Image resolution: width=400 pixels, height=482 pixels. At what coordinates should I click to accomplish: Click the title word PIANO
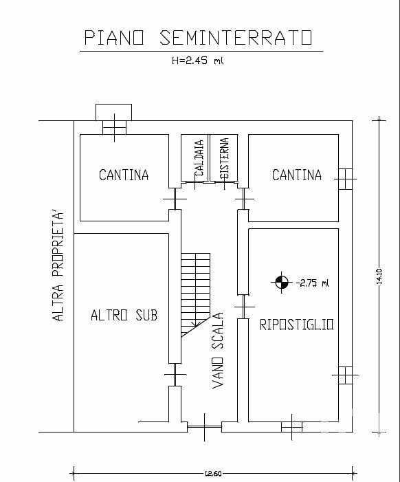pyautogui.click(x=114, y=38)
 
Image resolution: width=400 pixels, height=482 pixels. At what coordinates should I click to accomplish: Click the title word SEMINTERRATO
pyautogui.click(x=236, y=38)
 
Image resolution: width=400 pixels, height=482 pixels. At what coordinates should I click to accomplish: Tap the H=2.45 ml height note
pyautogui.click(x=197, y=61)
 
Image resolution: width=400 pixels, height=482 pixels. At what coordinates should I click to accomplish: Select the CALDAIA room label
pyautogui.click(x=199, y=158)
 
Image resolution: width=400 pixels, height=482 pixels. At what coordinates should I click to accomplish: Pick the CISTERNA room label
pyautogui.click(x=224, y=158)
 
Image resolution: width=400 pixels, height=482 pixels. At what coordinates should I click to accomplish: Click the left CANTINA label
pyautogui.click(x=124, y=175)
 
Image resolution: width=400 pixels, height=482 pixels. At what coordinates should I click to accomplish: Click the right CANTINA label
pyautogui.click(x=297, y=175)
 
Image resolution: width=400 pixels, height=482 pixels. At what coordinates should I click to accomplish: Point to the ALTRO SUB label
pyautogui.click(x=124, y=316)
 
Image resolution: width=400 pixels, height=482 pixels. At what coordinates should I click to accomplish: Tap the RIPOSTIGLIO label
pyautogui.click(x=296, y=325)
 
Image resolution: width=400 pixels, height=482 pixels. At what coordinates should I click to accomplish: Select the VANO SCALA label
pyautogui.click(x=217, y=351)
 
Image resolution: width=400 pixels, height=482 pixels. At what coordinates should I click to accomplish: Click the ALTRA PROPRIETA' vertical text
pyautogui.click(x=58, y=266)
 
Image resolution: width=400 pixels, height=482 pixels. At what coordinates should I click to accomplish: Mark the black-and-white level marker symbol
pyautogui.click(x=282, y=282)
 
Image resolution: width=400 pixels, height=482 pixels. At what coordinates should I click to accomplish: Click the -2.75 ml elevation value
pyautogui.click(x=312, y=283)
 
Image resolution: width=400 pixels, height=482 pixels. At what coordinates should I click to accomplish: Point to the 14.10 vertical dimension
pyautogui.click(x=379, y=276)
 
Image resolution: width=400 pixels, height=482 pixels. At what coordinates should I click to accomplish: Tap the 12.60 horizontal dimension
pyautogui.click(x=213, y=473)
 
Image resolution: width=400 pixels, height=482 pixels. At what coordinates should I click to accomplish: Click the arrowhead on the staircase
pyautogui.click(x=195, y=323)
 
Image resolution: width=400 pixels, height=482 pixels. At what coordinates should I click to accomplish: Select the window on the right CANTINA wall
pyautogui.click(x=345, y=179)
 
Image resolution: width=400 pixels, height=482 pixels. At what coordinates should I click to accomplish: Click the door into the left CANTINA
pyautogui.click(x=175, y=199)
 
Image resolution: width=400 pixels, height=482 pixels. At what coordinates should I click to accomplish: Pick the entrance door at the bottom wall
pyautogui.click(x=205, y=427)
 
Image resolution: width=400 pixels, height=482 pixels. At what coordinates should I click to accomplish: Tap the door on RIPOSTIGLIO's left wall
pyautogui.click(x=244, y=307)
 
